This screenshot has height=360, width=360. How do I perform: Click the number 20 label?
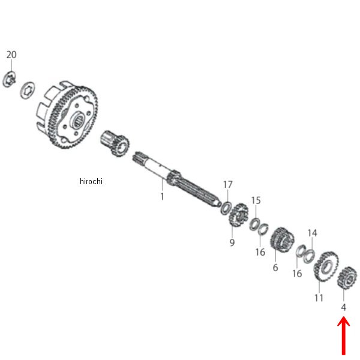(x=11, y=55)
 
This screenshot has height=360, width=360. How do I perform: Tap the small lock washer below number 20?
(x=9, y=79)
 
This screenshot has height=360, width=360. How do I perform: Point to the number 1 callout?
(x=161, y=196)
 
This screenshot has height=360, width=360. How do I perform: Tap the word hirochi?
(x=91, y=182)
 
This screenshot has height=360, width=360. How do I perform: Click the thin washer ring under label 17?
(x=226, y=208)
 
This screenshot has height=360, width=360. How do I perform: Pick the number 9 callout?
(x=232, y=242)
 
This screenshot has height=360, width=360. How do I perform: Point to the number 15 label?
(x=256, y=200)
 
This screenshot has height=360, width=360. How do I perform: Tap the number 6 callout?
(x=275, y=268)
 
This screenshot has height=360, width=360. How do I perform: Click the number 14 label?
(x=313, y=232)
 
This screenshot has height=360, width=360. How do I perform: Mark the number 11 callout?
(x=319, y=298)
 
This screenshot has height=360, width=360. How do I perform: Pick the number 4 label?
(x=343, y=307)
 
